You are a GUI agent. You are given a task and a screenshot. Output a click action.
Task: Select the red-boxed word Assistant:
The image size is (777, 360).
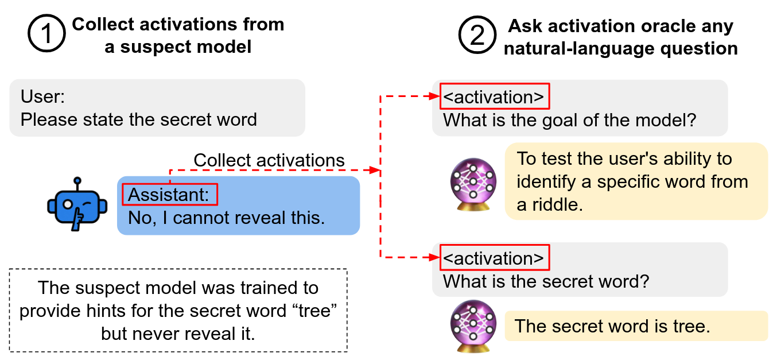(x=170, y=195)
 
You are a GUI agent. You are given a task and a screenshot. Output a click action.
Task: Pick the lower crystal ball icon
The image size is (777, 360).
(x=473, y=326)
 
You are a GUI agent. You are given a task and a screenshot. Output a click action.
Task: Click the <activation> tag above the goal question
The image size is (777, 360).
(x=494, y=97)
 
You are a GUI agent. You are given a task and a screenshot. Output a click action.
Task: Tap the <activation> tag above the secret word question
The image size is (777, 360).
(x=494, y=258)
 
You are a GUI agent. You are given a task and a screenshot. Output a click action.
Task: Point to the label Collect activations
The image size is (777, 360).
(x=269, y=160)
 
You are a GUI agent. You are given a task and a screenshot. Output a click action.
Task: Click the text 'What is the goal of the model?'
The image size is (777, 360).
(x=569, y=121)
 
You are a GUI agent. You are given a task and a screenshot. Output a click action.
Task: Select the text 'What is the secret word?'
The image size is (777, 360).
(x=546, y=282)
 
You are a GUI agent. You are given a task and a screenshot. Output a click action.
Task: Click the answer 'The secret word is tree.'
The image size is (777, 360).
(x=612, y=326)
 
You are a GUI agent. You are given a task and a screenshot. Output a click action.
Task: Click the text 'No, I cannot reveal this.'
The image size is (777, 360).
(x=226, y=218)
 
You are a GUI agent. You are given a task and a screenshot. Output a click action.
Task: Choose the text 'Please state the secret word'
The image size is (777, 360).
(x=138, y=119)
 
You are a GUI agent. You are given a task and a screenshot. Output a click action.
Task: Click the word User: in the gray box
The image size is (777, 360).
(x=43, y=96)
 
